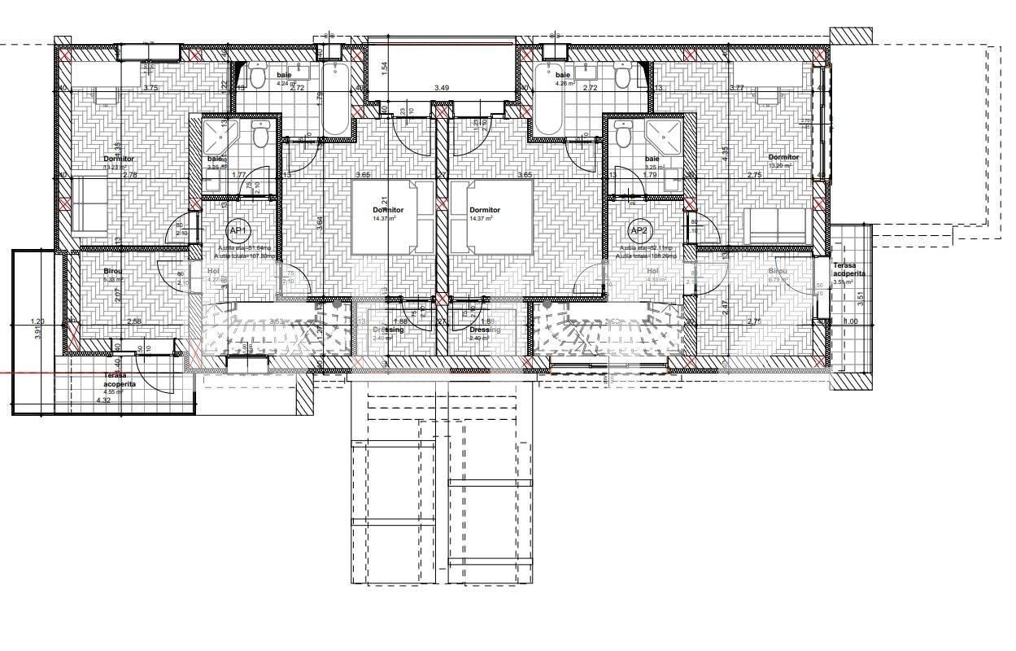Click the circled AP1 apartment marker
tap(237, 230)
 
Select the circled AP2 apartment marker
tap(639, 230)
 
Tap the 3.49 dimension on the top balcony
tap(442, 88)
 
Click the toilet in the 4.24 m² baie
tap(258, 76)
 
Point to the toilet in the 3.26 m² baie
tap(261, 135)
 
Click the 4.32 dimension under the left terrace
tap(103, 400)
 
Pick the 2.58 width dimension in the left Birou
tap(134, 321)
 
